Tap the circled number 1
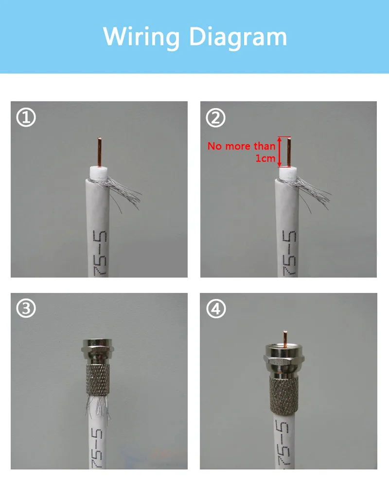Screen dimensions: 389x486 [x=26, y=117]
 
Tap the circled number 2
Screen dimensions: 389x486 [x=216, y=117]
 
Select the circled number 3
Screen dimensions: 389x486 [x=26, y=308]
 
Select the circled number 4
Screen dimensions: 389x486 [x=216, y=309]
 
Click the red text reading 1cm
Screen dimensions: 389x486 [x=265, y=158]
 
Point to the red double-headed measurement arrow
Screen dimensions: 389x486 [x=279, y=152]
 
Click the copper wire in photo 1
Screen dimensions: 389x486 [x=99, y=152]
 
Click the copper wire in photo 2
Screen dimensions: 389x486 [x=289, y=152]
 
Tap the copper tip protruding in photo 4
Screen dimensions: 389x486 [x=285, y=338]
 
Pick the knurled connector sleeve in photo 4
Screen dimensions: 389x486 [x=284, y=396]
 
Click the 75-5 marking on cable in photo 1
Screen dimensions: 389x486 [x=100, y=253]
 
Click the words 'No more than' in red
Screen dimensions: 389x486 [x=241, y=146]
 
